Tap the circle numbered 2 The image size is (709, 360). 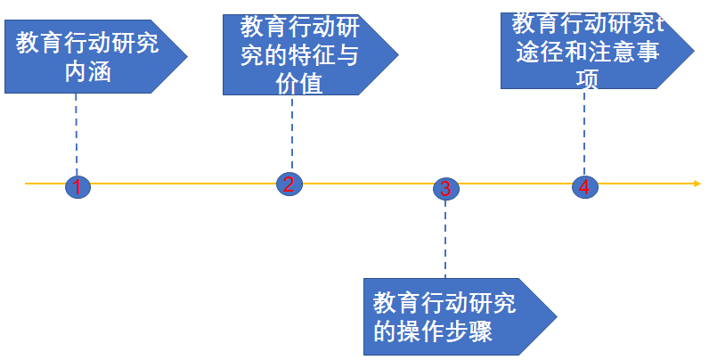pyautogui.click(x=289, y=184)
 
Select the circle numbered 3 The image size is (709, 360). pyautogui.click(x=445, y=188)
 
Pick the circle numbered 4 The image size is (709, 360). pyautogui.click(x=584, y=186)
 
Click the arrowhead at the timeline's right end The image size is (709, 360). pyautogui.click(x=696, y=184)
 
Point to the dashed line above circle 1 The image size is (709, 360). pyautogui.click(x=77, y=134)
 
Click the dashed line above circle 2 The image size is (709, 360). pyautogui.click(x=291, y=134)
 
